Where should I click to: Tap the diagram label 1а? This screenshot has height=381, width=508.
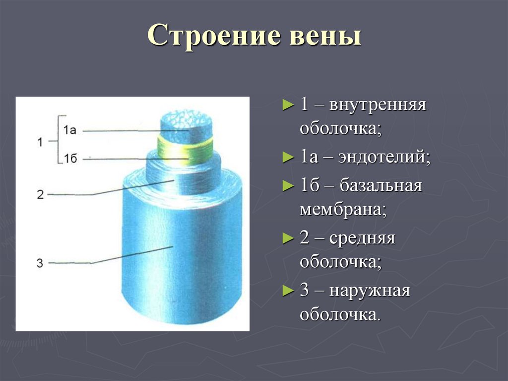[69, 130]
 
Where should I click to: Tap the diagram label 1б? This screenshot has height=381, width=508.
[69, 158]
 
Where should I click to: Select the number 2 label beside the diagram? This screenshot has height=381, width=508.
[40, 194]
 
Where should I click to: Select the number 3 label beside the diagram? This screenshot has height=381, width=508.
[40, 263]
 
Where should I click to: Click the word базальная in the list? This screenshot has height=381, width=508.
[381, 186]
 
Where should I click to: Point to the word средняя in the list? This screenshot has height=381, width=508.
[366, 238]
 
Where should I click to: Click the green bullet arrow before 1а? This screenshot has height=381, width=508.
[287, 158]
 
